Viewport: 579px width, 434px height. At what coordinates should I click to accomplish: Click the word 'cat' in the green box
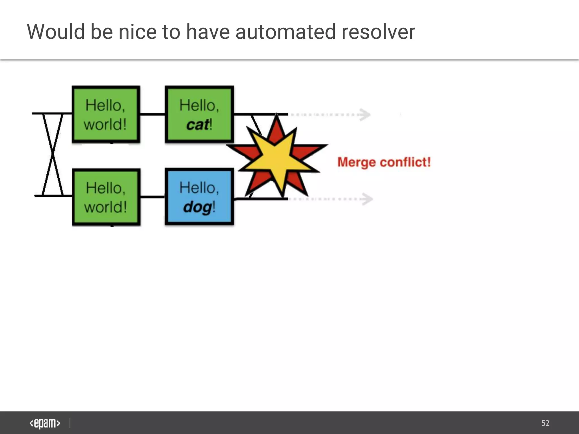tap(197, 125)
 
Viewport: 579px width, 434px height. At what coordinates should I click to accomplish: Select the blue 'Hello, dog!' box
tap(199, 197)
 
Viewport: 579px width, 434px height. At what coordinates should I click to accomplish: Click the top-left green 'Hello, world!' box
tap(106, 114)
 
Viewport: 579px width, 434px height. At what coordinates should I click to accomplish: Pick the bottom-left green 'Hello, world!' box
tap(106, 197)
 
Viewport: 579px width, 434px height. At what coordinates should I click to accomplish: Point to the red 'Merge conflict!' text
tap(384, 162)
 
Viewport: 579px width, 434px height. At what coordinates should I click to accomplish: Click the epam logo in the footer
tap(45, 423)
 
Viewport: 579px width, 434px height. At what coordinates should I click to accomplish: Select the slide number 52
tap(545, 423)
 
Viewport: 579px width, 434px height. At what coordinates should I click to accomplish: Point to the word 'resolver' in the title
tap(378, 32)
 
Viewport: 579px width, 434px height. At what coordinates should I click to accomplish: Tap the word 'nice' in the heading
tap(137, 32)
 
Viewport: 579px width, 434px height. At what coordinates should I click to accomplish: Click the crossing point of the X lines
tap(53, 155)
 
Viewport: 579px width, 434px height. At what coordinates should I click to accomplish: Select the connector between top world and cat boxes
tap(152, 114)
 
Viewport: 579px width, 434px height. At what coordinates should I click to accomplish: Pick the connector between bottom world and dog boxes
tap(152, 197)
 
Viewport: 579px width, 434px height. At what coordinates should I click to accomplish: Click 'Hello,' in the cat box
tap(199, 105)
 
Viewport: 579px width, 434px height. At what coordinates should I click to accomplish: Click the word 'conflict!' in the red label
tap(405, 162)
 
